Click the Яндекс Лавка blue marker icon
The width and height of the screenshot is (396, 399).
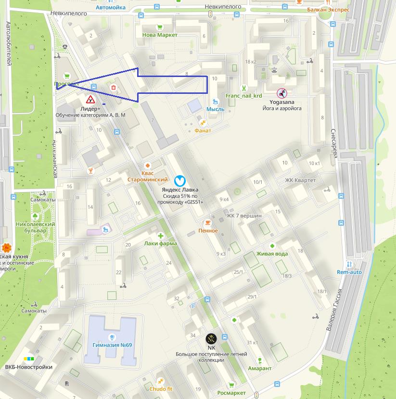point(179,180)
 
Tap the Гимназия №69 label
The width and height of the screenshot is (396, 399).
point(112,345)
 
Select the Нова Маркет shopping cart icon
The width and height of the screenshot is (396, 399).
point(160,27)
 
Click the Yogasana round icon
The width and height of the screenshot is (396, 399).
point(281,93)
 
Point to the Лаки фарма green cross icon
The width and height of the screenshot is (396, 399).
point(160,236)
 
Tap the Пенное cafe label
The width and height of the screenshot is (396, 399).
point(208,231)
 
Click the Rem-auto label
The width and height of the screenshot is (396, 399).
point(349,272)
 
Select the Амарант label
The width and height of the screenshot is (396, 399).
point(260,368)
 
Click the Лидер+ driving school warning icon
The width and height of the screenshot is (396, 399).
point(90,100)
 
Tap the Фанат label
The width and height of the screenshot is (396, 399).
point(203,130)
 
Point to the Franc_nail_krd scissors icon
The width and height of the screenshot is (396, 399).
point(244,88)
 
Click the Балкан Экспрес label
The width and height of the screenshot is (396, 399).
point(330,9)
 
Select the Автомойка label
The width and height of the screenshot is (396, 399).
point(111,8)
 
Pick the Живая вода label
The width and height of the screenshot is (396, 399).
point(272,254)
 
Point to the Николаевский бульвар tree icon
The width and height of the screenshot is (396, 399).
point(36,217)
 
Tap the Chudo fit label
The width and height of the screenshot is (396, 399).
point(161,389)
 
